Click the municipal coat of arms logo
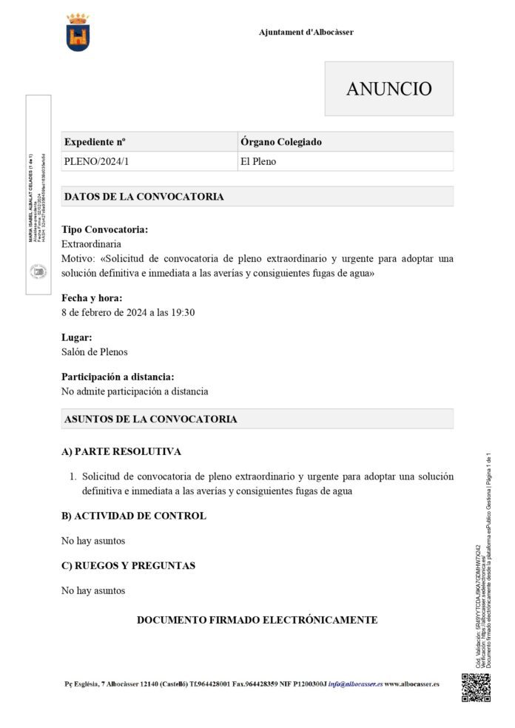click(x=77, y=32)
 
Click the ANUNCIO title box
click(x=388, y=89)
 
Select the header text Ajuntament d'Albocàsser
click(x=306, y=33)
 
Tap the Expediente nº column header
click(x=95, y=141)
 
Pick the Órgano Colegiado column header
click(x=281, y=141)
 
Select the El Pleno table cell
click(x=258, y=161)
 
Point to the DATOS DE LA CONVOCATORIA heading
click(x=144, y=197)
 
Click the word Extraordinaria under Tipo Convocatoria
click(x=91, y=243)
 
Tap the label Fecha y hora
click(x=92, y=298)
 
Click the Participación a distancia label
click(x=118, y=377)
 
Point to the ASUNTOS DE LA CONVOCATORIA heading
click(x=151, y=419)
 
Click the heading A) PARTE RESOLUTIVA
click(x=121, y=451)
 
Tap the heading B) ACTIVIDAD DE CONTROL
click(x=134, y=516)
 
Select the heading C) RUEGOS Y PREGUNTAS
click(x=128, y=565)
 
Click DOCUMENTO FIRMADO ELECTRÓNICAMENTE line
click(x=257, y=619)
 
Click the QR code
click(x=476, y=687)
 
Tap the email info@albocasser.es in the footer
click(x=355, y=684)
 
